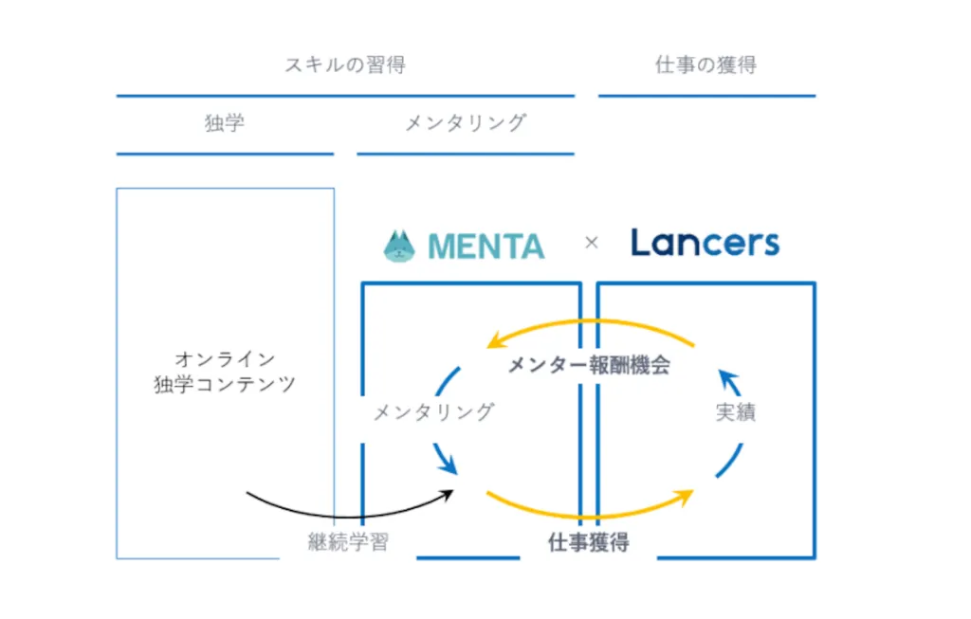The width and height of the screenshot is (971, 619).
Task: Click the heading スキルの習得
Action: (x=345, y=64)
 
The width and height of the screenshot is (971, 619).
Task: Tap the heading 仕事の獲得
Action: (x=705, y=64)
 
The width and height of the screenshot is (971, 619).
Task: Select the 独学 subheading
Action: (x=225, y=122)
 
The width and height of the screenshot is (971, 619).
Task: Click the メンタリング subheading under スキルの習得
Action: (x=466, y=122)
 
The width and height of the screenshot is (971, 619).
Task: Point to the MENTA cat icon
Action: (x=399, y=246)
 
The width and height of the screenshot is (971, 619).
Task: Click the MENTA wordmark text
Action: (x=486, y=246)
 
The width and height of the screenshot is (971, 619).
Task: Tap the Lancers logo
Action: (x=705, y=243)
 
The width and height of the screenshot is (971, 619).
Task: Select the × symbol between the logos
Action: (x=592, y=243)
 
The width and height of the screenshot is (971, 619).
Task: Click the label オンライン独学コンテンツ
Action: (x=225, y=372)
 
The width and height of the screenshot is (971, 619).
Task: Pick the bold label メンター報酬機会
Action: (x=589, y=365)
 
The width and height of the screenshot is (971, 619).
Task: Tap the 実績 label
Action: (x=736, y=412)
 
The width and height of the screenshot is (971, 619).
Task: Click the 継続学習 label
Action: (x=348, y=542)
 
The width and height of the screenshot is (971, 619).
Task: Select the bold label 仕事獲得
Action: (x=588, y=542)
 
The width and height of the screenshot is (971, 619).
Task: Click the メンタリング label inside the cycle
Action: (x=434, y=411)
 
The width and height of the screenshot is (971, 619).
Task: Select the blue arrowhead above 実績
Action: (x=729, y=381)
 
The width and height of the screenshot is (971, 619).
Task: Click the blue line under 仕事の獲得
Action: (x=706, y=96)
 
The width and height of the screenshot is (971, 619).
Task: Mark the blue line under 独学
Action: (x=225, y=155)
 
